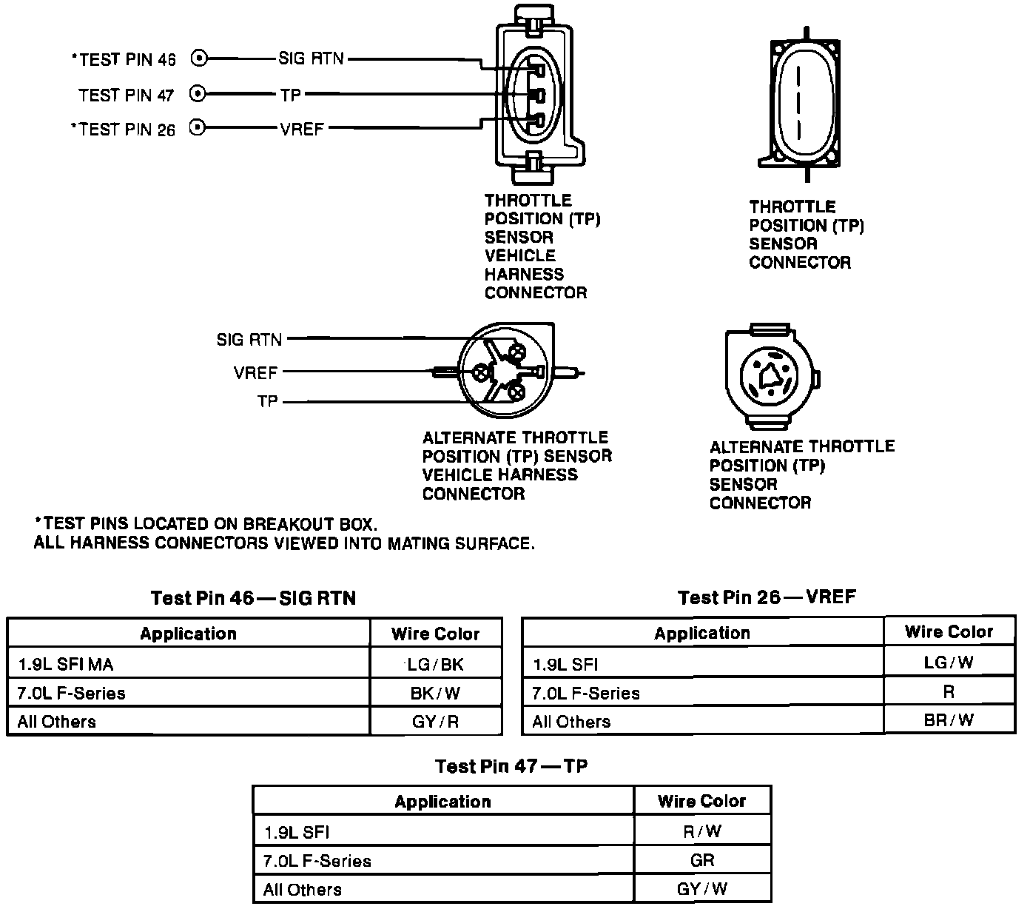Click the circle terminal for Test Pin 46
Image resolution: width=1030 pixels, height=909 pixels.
click(x=198, y=58)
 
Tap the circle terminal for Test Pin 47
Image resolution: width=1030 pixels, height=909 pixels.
click(x=198, y=94)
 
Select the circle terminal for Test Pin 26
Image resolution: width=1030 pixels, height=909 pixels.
click(x=198, y=128)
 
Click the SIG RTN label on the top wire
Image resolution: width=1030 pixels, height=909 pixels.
click(x=311, y=58)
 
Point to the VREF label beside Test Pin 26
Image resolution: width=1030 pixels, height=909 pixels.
click(x=302, y=130)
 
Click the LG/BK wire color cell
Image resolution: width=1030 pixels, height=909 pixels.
click(x=436, y=664)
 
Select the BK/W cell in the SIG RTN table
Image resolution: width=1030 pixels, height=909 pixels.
click(x=436, y=693)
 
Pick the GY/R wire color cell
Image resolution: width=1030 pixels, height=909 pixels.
click(x=436, y=722)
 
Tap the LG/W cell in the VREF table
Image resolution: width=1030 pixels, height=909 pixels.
click(x=949, y=663)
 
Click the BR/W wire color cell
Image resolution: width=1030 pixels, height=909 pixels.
click(x=949, y=720)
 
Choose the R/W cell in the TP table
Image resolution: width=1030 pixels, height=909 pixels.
click(x=701, y=831)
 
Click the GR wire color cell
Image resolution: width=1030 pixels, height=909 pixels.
click(x=701, y=860)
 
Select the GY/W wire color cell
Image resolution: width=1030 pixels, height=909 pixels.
click(x=701, y=889)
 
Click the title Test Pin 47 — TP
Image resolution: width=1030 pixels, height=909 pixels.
click(x=511, y=766)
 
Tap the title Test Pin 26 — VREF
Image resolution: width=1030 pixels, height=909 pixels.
click(x=767, y=597)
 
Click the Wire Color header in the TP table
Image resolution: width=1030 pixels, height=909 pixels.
click(x=701, y=801)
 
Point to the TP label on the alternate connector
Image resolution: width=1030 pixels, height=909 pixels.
click(x=267, y=402)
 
